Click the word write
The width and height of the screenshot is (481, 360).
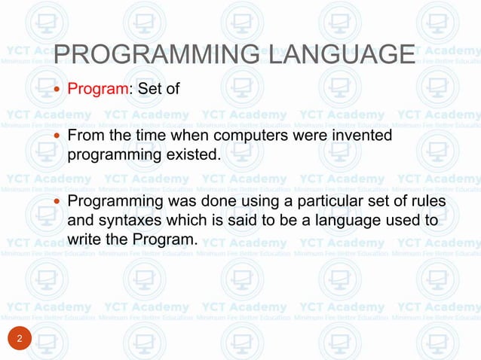click(83, 239)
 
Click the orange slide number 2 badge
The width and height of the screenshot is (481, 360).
click(20, 340)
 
